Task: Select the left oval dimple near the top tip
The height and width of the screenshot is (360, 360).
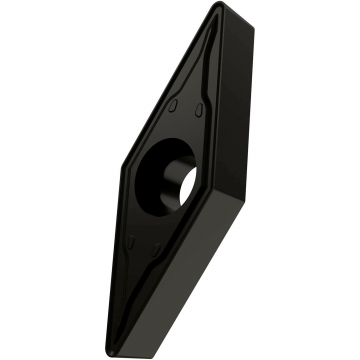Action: pos(176,105)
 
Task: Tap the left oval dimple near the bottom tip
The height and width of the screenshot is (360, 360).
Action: pos(132,239)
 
